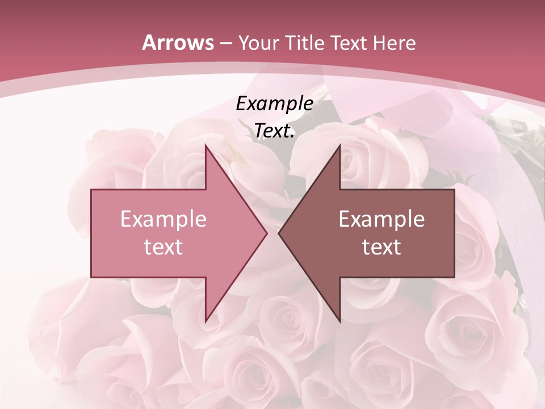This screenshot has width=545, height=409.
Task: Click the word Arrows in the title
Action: pyautogui.click(x=178, y=43)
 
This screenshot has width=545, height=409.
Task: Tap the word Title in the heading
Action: pyautogui.click(x=304, y=43)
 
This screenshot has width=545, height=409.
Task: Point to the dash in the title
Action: pyautogui.click(x=225, y=43)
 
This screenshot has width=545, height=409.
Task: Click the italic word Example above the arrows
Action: pyautogui.click(x=274, y=104)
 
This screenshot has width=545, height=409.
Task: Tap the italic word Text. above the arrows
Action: pyautogui.click(x=274, y=131)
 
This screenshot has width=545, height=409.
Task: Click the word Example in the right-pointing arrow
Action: pyautogui.click(x=163, y=219)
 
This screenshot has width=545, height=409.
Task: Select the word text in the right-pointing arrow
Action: pyautogui.click(x=163, y=247)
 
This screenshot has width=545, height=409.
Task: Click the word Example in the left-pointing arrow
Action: pyautogui.click(x=381, y=219)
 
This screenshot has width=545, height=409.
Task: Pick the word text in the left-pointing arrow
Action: pyautogui.click(x=381, y=247)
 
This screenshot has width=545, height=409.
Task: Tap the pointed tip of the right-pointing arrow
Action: pyautogui.click(x=266, y=233)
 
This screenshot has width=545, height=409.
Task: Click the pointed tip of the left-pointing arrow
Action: pyautogui.click(x=279, y=233)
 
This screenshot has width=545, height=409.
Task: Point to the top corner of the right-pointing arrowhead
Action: pyautogui.click(x=206, y=145)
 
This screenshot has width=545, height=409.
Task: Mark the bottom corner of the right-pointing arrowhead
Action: pyautogui.click(x=206, y=322)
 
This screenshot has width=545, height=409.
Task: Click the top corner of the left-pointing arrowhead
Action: pyautogui.click(x=339, y=145)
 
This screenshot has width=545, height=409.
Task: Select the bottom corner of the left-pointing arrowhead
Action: pyautogui.click(x=339, y=322)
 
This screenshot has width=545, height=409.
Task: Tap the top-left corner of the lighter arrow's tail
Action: pyautogui.click(x=91, y=190)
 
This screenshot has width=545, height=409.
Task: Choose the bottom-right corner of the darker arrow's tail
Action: pyautogui.click(x=454, y=277)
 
